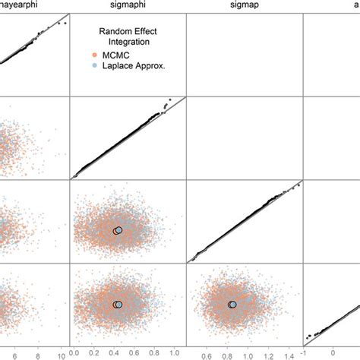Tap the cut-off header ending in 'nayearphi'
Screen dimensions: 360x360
coord(23,6)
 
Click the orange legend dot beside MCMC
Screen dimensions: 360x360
coord(93,55)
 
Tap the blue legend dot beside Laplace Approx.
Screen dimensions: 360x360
coord(93,66)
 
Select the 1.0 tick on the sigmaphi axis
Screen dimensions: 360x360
coord(173,353)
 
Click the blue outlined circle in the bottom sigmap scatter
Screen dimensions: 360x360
coord(234,305)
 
